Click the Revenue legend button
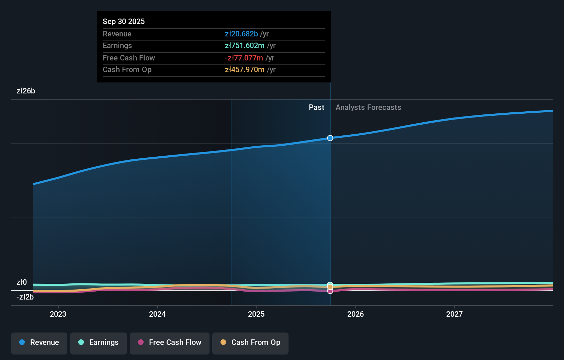[x=39, y=343]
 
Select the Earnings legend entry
[x=99, y=343]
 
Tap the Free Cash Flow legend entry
[x=170, y=343]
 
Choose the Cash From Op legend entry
[x=250, y=343]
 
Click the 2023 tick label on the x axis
[x=58, y=314]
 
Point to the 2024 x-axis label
[x=157, y=314]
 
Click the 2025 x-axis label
[x=256, y=314]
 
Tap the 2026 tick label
[x=356, y=314]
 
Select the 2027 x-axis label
[x=454, y=314]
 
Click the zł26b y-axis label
[x=26, y=91]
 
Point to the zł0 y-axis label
[x=22, y=282]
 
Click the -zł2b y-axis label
[x=25, y=297]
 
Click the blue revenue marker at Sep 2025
[x=330, y=138]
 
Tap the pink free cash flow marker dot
[x=330, y=291]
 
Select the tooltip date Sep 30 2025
[x=124, y=21]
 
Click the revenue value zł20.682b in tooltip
[x=241, y=34]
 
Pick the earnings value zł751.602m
[x=245, y=46]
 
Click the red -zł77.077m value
[x=244, y=58]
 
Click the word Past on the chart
[x=316, y=108]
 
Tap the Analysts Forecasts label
[x=368, y=108]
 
